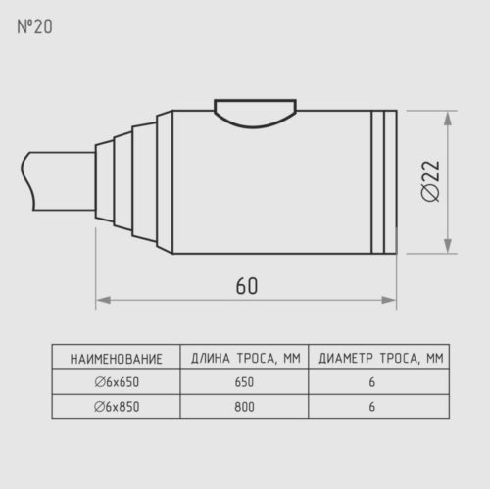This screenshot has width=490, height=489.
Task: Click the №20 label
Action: (34, 26)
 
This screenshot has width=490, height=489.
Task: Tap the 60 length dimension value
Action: (247, 286)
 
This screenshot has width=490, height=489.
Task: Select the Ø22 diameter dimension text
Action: (430, 181)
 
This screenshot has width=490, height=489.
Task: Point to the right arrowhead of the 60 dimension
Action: (389, 300)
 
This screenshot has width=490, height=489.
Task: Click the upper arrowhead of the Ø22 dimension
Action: (448, 119)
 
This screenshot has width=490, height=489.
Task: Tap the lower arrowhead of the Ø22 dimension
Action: (448, 246)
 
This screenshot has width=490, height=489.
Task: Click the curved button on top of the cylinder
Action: (255, 113)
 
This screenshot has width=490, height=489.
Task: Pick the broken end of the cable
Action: (27, 180)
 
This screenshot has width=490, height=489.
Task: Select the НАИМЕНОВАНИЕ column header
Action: (117, 359)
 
